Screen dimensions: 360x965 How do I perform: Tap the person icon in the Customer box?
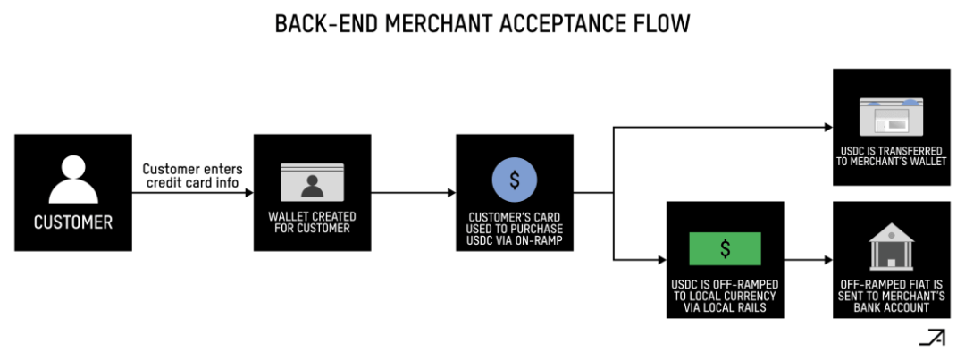click(73, 178)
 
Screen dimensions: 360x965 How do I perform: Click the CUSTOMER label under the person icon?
click(73, 222)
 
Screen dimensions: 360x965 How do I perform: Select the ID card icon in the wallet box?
click(312, 181)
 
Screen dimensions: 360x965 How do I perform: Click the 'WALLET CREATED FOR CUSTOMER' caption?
click(312, 222)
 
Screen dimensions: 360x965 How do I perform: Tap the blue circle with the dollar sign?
click(515, 179)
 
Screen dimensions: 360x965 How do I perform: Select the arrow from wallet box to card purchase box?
click(413, 192)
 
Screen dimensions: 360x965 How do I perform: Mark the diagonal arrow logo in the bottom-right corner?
click(932, 338)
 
